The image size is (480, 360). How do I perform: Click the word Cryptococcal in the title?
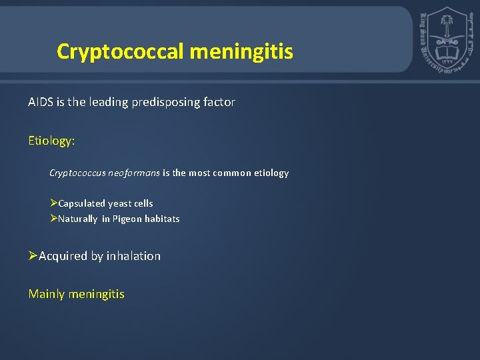coord(119,51)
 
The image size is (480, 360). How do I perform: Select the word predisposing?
coord(170,102)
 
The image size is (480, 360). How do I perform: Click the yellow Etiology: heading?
coord(52,141)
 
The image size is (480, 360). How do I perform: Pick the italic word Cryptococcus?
coord(77,173)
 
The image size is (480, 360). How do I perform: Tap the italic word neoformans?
coord(134,173)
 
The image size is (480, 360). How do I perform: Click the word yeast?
coord(121,203)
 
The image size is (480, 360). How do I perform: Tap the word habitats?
coord(161,219)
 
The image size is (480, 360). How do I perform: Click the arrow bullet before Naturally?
coord(53,219)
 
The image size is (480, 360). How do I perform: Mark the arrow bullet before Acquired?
coord(33,256)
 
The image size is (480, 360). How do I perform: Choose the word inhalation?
coord(133,256)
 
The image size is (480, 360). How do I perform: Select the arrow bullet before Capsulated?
coord(53,203)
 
